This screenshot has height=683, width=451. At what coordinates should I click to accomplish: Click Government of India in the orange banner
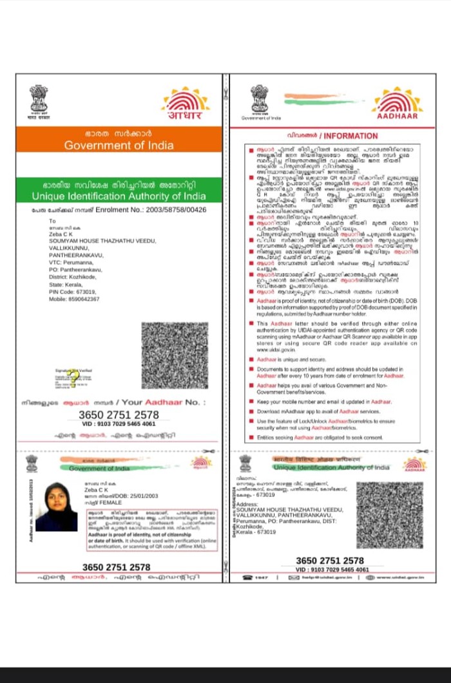119,145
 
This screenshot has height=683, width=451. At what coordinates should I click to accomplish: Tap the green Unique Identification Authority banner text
119,196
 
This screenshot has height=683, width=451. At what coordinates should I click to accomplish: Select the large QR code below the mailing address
175,355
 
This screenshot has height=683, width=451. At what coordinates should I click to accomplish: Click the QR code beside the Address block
390,515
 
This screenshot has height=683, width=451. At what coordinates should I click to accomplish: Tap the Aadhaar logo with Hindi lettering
186,104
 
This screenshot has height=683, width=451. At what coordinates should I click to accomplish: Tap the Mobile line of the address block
74,299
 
